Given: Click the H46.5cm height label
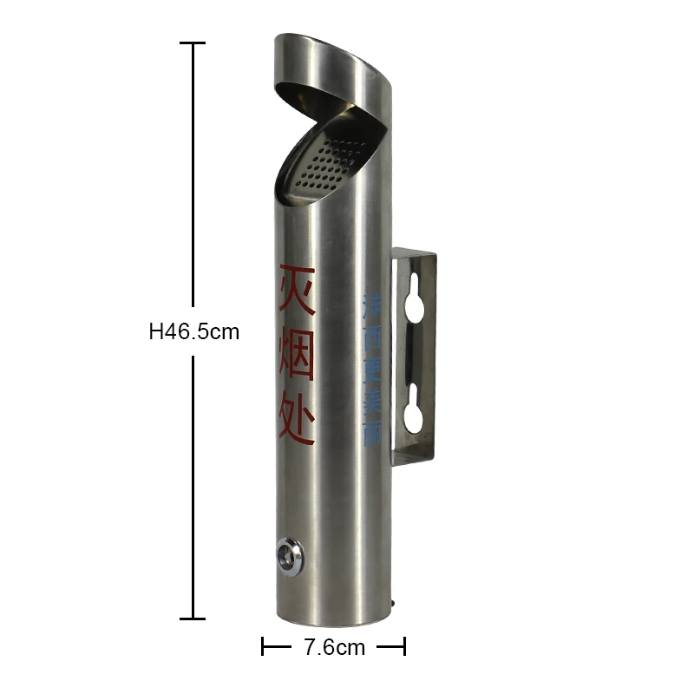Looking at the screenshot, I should pos(193,331).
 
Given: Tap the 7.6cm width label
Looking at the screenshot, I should pos(334,647).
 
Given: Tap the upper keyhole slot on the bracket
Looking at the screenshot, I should pos(414,297).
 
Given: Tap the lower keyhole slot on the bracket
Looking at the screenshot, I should pos(414,407).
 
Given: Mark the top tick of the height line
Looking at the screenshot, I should pos(193,43).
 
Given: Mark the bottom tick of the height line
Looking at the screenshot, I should pos(193,619).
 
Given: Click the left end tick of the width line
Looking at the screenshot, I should pos(263,647).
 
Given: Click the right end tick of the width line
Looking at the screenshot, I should pos(404,647).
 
